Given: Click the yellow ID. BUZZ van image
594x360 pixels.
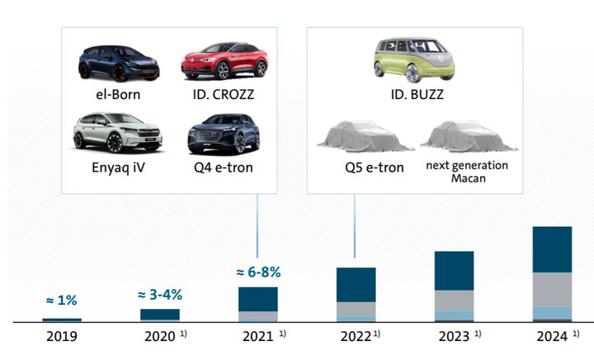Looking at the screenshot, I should [417, 59].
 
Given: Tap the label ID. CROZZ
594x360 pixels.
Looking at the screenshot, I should [217, 93].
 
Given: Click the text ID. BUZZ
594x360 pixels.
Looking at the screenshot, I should [417, 94].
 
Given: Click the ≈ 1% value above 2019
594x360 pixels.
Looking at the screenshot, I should [61, 300].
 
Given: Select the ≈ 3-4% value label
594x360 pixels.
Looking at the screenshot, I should [159, 295].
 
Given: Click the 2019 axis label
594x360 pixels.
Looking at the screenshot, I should [61, 338].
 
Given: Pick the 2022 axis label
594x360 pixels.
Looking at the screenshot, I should [355, 338].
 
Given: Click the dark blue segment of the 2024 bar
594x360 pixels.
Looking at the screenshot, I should [553, 249].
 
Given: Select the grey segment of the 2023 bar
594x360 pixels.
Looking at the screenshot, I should [454, 301].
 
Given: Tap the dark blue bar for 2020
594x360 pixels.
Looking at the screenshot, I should [159, 315].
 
